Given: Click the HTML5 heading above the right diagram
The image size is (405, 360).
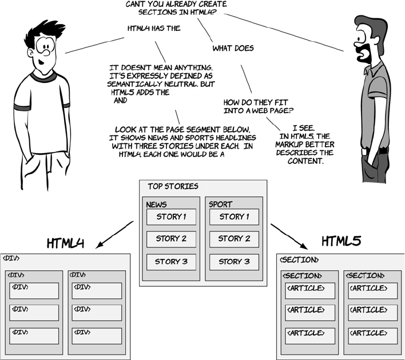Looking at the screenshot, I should click(340, 242).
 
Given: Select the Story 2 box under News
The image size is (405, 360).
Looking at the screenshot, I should click(171, 239).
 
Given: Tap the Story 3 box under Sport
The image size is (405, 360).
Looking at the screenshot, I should click(234, 262).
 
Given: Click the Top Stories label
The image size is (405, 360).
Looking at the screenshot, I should click(173, 186).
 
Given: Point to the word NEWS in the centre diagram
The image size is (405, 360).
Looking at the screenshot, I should click(156, 205).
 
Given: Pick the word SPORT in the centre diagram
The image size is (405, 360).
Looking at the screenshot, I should click(221, 205).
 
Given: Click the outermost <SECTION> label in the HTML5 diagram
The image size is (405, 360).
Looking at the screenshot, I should click(298, 260).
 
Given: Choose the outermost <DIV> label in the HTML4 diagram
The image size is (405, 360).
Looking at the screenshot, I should click(12, 258).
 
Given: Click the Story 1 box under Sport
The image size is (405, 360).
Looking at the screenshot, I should click(234, 217).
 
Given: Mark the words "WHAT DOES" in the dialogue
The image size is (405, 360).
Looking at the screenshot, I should click(233, 49).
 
